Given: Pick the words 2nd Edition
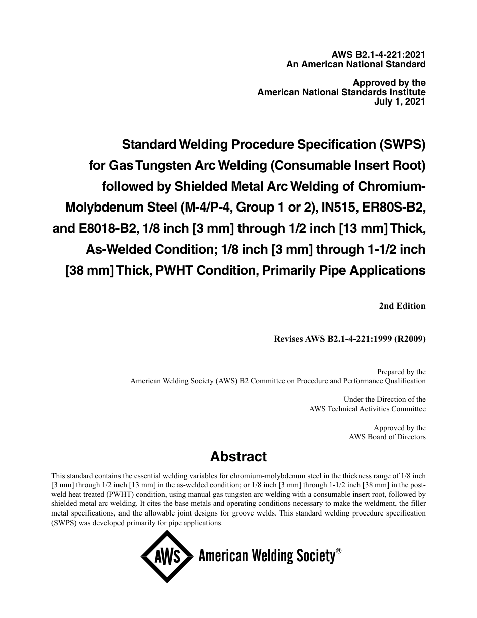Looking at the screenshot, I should click(402, 306).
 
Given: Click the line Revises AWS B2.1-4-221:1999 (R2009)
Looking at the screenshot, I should click(349, 339).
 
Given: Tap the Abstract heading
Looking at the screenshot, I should click(238, 457).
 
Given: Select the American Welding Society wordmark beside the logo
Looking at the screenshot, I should click(267, 556).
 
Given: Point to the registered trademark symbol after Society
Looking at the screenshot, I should click(339, 551).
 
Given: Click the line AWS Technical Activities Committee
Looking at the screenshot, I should click(368, 409).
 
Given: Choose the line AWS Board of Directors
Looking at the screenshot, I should click(387, 437).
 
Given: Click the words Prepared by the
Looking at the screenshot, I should click(401, 372).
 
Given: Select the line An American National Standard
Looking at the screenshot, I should click(356, 64).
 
